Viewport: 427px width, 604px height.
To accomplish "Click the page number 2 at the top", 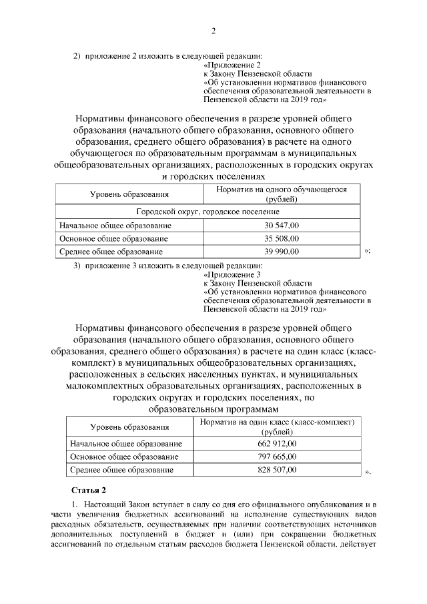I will [x=213, y=31].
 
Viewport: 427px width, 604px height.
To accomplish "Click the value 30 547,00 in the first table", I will [x=281, y=226].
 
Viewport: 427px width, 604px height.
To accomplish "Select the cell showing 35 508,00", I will [x=281, y=239].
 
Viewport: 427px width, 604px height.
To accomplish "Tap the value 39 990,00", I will [x=281, y=252].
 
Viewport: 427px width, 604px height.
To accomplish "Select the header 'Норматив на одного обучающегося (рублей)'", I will [x=281, y=194].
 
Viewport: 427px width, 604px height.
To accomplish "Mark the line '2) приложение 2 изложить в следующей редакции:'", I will [x=168, y=55].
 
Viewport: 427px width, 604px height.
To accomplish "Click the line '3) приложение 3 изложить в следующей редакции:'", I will [x=168, y=265].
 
